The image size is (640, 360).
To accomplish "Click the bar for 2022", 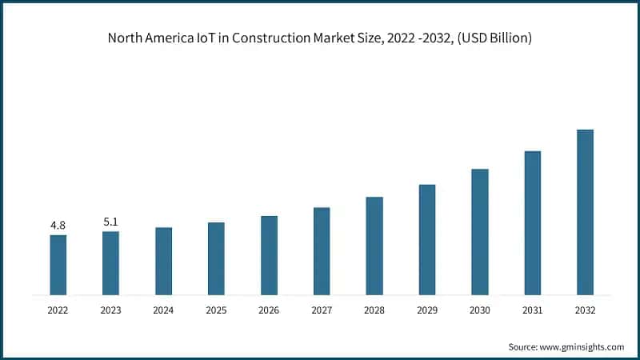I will point(58,265).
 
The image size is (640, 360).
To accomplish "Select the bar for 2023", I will point(110,263).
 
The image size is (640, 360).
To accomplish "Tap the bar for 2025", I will point(216,258).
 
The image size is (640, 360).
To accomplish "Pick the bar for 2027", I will point(322,251).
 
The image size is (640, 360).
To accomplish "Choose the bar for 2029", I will point(427,239).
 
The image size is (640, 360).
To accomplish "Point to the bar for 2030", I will point(479,232).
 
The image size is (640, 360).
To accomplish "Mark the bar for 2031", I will point(532,222).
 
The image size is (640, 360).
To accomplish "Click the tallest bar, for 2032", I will point(585,212).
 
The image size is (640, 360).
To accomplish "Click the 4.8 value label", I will point(58,226).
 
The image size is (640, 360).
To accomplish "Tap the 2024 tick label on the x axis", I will point(163,310).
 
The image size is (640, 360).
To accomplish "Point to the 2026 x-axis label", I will point(269,310).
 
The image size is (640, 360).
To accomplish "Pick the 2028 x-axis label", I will point(374,310).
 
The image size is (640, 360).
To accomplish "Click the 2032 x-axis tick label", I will point(585,310).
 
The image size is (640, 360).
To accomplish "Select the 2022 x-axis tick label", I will point(58,310).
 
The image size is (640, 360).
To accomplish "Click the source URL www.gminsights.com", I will point(583,346).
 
